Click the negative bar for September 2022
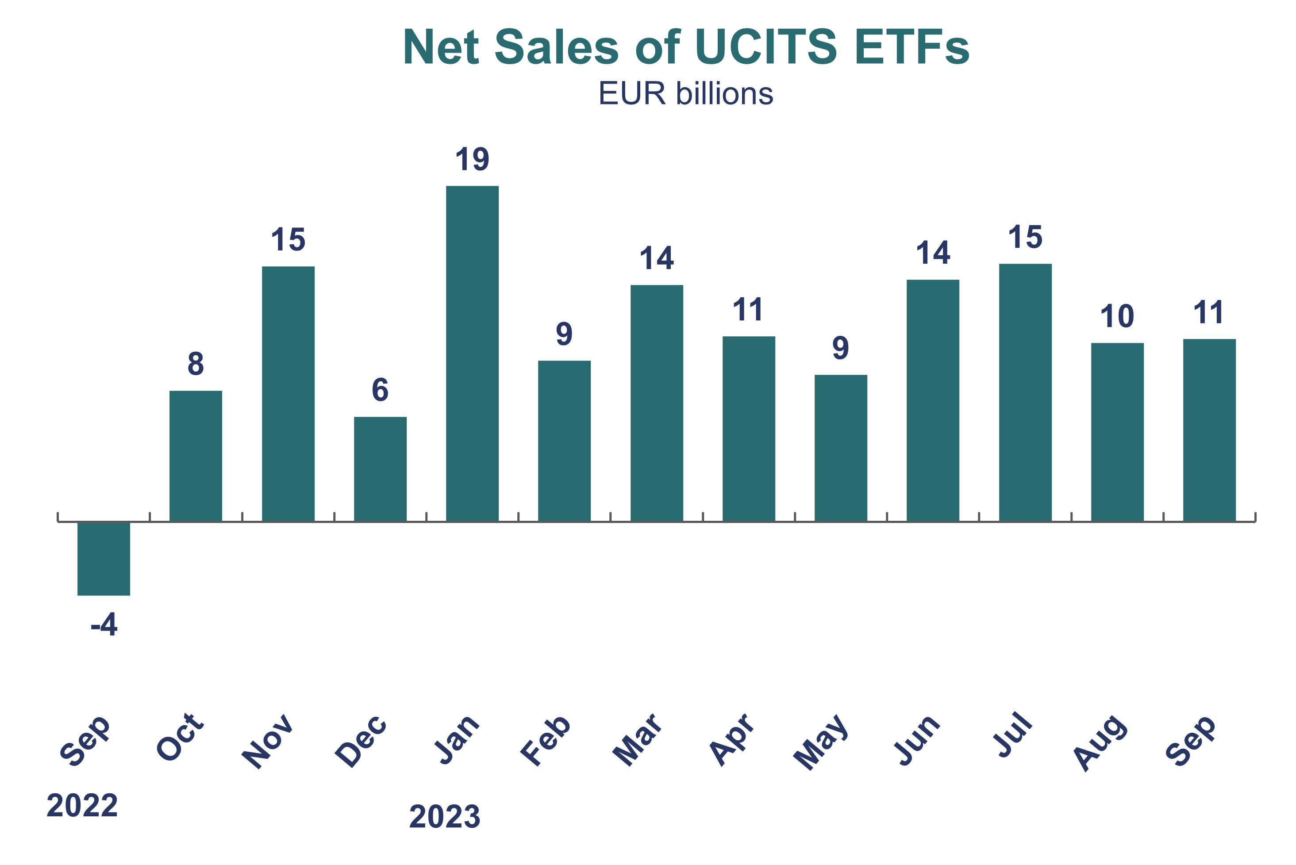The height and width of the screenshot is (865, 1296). click(x=104, y=558)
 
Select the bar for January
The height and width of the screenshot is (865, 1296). click(x=472, y=353)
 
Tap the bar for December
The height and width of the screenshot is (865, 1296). click(x=380, y=469)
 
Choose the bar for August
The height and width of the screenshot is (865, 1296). click(x=1117, y=432)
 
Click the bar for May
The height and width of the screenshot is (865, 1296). click(x=841, y=448)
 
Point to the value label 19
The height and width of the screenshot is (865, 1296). click(x=472, y=159)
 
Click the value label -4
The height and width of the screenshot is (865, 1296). click(x=104, y=625)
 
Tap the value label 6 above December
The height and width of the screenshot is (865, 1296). click(x=380, y=390)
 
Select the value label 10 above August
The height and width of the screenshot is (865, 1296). click(x=1117, y=317)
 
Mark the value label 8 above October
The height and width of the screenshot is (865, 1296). click(x=196, y=364)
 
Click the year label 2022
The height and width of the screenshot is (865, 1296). click(x=82, y=805)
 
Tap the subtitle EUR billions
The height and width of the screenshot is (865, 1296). click(x=686, y=94)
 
